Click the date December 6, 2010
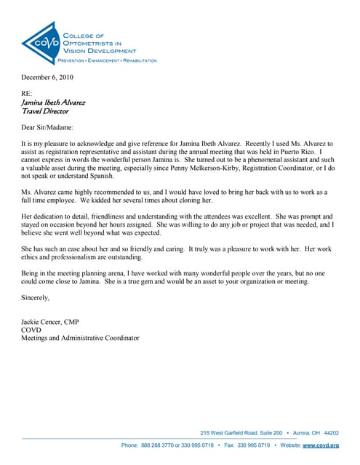[47, 77]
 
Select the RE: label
[27, 94]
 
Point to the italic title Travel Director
[45, 111]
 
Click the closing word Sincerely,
[36, 298]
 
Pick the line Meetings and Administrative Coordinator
[81, 338]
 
